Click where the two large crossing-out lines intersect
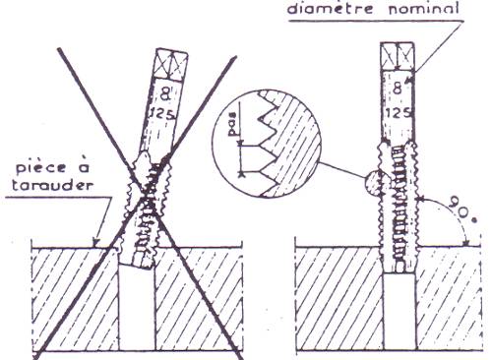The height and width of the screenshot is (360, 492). click(x=149, y=197)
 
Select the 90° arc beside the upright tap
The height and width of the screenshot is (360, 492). click(x=436, y=218)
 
